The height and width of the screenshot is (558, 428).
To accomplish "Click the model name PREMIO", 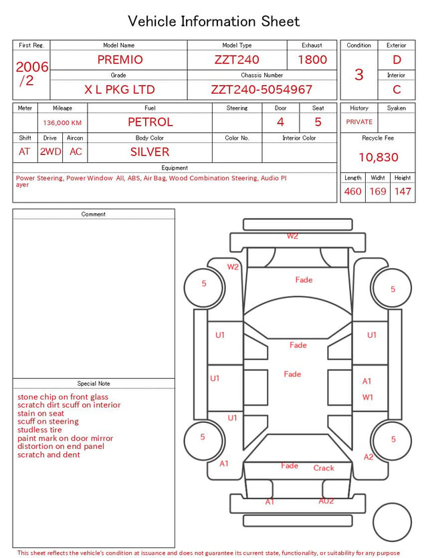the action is [120, 59].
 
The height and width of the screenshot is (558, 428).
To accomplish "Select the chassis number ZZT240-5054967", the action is [261, 90].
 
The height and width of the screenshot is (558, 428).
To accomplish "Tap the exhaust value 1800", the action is [312, 59].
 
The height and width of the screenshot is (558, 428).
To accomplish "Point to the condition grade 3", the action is [359, 74].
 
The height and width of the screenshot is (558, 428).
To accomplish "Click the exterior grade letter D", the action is [397, 59].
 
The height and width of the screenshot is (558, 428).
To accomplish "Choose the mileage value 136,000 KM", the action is [62, 123].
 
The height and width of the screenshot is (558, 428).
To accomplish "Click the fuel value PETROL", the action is [150, 122].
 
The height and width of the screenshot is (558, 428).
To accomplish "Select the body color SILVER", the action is [150, 152].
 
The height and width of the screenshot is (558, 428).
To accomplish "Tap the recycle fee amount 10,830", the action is [378, 157].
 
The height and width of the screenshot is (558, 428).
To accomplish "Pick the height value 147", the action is [403, 191].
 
